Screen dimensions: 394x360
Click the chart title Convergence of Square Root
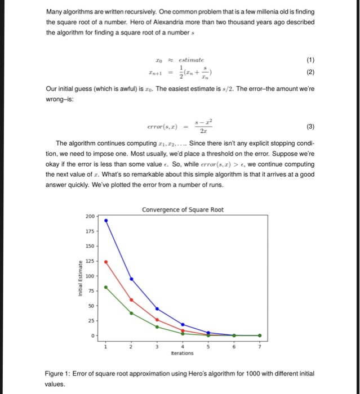point(183,210)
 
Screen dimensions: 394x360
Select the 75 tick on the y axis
point(92,291)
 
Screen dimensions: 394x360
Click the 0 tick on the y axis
point(94,335)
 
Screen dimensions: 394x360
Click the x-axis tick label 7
point(260,346)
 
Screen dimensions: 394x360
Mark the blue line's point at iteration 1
point(106,220)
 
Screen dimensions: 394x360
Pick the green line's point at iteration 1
point(106,285)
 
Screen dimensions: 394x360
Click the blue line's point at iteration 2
point(132,279)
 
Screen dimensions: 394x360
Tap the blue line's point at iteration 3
point(157,308)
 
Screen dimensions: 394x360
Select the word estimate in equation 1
point(192,60)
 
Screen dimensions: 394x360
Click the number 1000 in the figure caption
point(250,374)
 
